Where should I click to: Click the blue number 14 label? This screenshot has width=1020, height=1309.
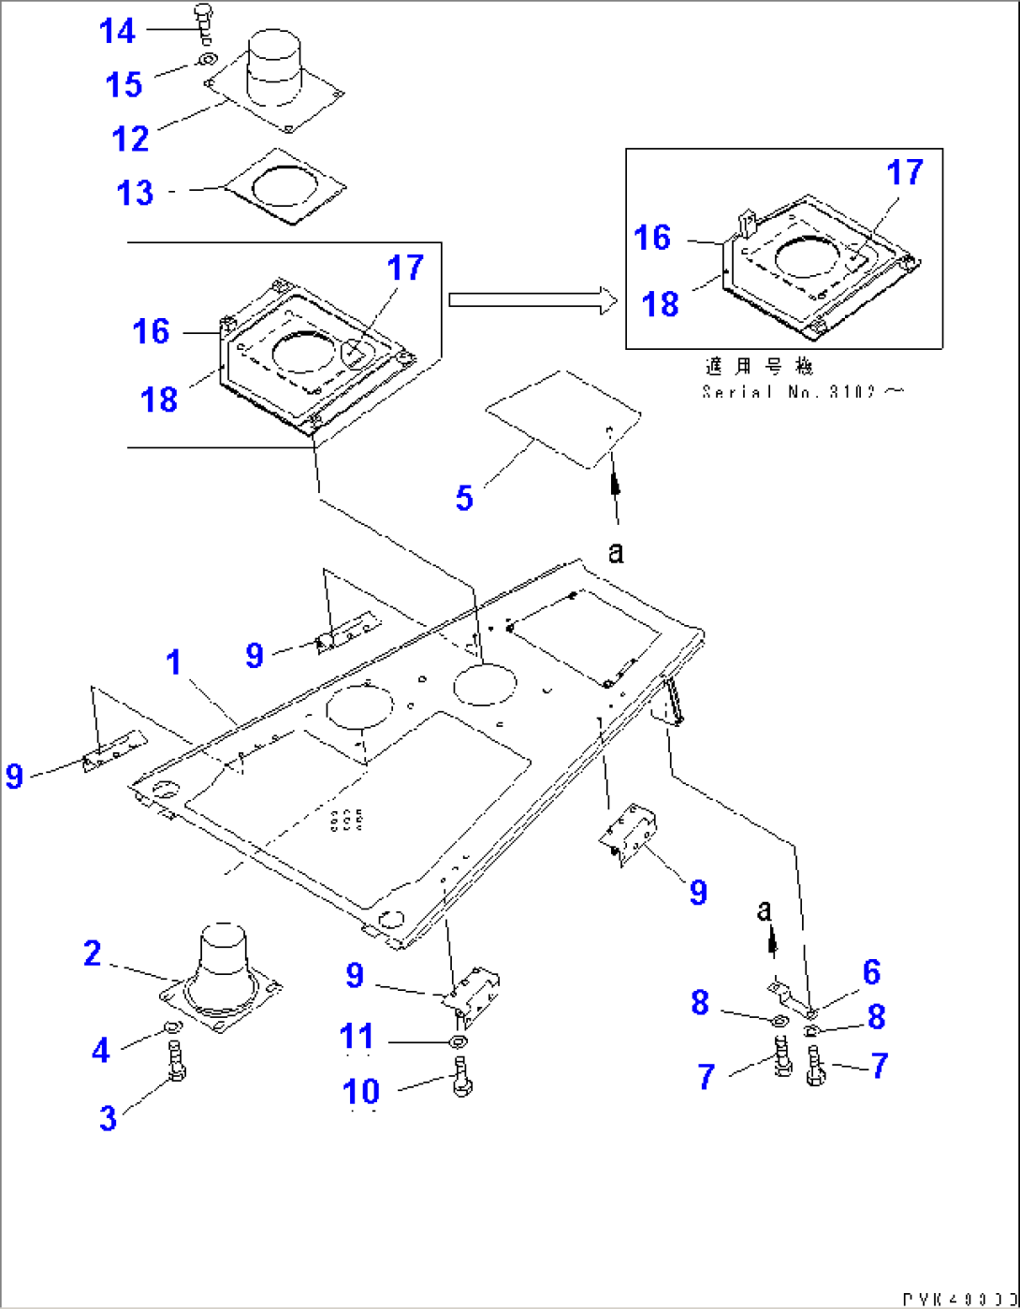117,31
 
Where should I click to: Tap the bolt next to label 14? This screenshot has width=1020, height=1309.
204,22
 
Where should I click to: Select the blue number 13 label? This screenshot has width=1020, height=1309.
135,193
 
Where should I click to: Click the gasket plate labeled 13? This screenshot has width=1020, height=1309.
285,186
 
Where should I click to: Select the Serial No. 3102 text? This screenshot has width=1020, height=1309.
802,392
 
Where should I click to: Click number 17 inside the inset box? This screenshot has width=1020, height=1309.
905,172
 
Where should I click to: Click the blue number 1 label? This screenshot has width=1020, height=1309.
174,662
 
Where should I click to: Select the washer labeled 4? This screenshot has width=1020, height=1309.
171,1029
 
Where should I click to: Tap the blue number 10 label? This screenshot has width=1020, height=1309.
361,1091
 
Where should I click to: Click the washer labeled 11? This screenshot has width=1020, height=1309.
458,1042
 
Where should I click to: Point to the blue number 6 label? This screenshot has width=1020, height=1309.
871,972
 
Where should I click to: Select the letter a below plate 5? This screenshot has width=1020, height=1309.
615,552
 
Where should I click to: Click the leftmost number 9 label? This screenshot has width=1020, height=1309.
14,776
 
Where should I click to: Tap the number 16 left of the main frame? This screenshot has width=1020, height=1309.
151,331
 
